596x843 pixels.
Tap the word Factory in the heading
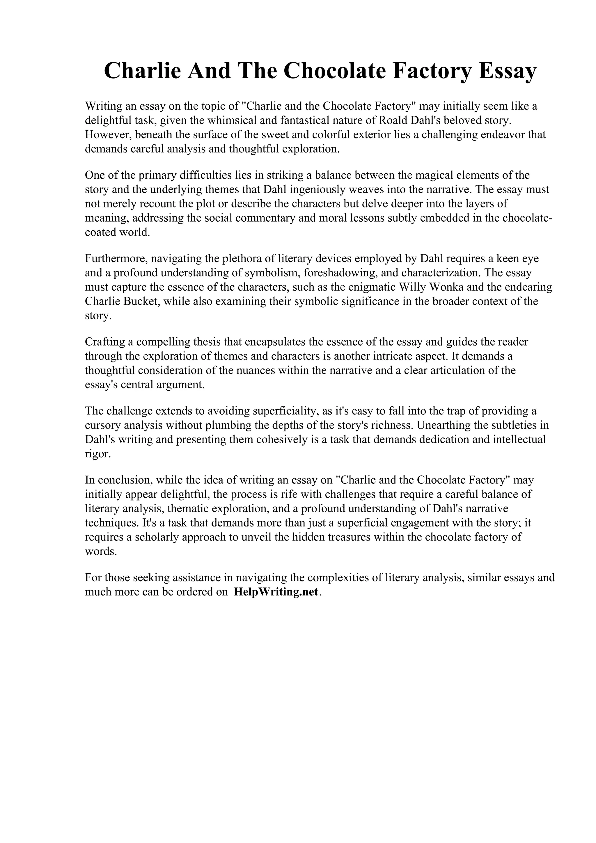pos(432,71)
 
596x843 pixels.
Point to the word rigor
pos(97,454)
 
